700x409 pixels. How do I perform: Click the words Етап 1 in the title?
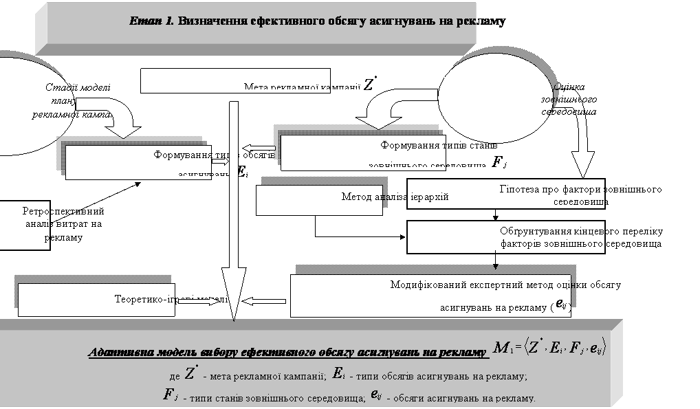pos(152,21)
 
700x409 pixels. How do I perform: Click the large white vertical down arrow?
pos(234,206)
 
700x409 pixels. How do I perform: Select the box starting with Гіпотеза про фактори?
pos(505,194)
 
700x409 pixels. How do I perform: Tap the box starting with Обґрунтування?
pos(505,237)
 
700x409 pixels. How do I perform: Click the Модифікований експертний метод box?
pos(430,296)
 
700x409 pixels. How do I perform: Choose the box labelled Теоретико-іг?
pos(96,300)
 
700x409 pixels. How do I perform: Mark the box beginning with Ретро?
pos(25,224)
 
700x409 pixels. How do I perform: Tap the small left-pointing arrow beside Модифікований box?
pos(265,300)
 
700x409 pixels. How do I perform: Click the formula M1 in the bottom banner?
pos(549,350)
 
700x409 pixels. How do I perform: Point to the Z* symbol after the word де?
pos(191,374)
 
